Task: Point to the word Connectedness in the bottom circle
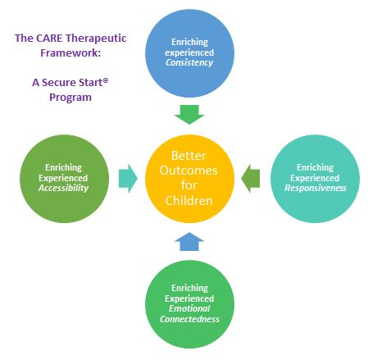(x=189, y=319)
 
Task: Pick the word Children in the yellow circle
(x=188, y=200)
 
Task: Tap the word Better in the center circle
(x=188, y=155)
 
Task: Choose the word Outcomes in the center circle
(x=188, y=171)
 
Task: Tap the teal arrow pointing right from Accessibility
(x=127, y=177)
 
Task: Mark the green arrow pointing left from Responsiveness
(x=251, y=177)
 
